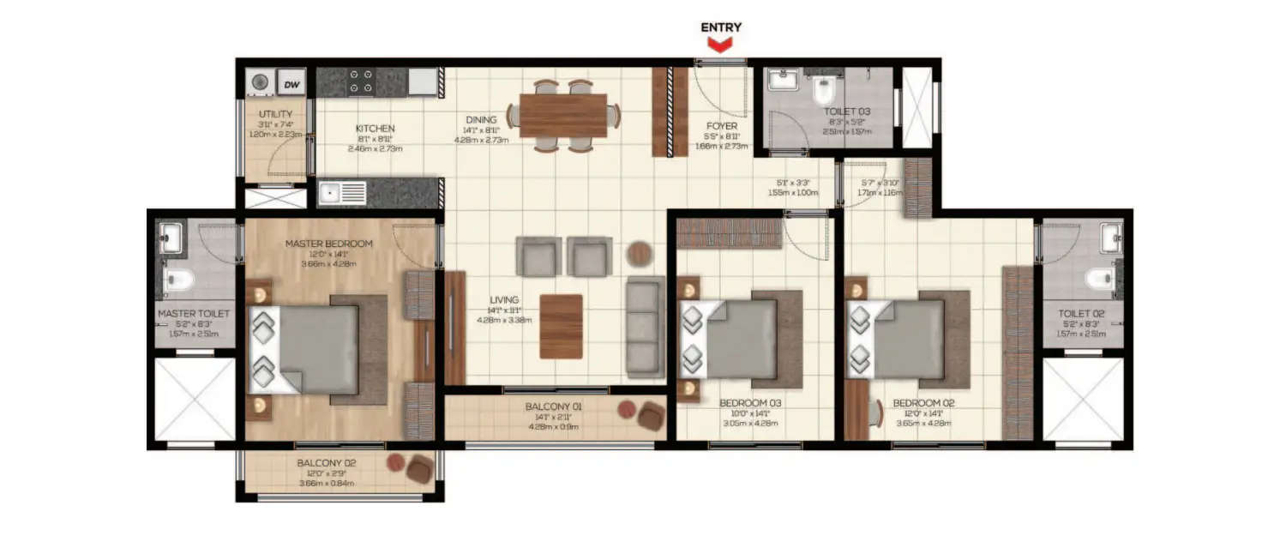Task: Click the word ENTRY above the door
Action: click(x=720, y=27)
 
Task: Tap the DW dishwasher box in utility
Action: click(x=291, y=84)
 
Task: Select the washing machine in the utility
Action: click(x=260, y=83)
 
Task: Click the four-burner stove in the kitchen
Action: click(x=361, y=82)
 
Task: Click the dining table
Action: click(x=562, y=116)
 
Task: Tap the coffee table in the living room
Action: click(x=561, y=326)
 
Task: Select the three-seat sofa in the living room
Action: click(x=644, y=327)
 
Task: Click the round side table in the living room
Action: click(x=639, y=254)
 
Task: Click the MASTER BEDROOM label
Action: click(x=329, y=244)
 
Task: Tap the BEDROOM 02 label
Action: click(x=922, y=402)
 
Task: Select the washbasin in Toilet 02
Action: click(x=1111, y=238)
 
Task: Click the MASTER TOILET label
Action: click(x=194, y=314)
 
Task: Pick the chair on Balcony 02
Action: click(x=420, y=469)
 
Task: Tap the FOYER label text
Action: click(x=720, y=126)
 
